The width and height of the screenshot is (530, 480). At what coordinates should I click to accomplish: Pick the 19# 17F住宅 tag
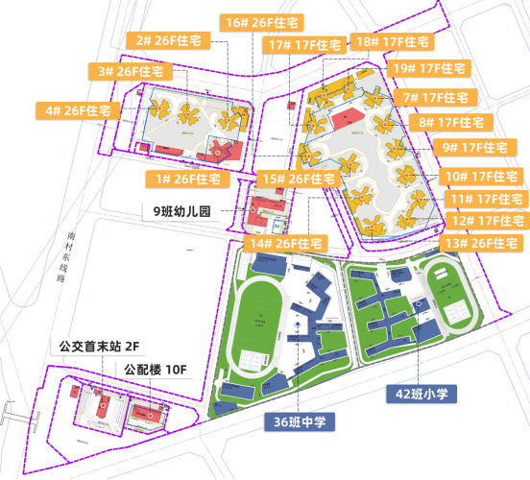click(x=430, y=68)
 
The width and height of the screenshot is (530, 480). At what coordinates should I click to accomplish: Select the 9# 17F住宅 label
click(x=471, y=147)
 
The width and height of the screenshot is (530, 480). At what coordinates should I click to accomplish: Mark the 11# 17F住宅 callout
click(x=487, y=198)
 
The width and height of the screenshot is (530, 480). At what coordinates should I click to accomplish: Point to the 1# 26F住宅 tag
click(x=187, y=179)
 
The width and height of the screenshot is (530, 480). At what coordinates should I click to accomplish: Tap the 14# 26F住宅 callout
click(x=283, y=244)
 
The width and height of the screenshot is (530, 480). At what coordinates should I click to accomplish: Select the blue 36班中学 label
click(x=299, y=420)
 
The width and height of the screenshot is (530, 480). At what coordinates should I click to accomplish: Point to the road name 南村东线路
click(x=63, y=255)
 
